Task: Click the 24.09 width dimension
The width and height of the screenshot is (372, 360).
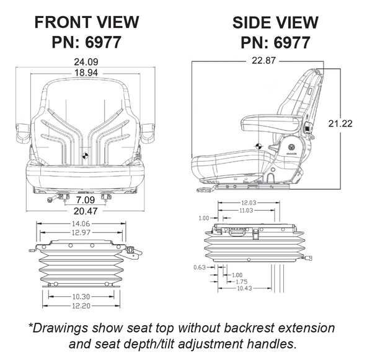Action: (x=86, y=61)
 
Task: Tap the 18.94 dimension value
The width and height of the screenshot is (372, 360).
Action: (x=86, y=72)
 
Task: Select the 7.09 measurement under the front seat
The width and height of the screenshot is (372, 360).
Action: (x=86, y=201)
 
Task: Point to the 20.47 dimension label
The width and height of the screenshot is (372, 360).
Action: (x=86, y=211)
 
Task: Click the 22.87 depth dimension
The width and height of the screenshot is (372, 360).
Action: (x=263, y=61)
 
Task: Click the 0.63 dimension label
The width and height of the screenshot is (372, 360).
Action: (x=199, y=268)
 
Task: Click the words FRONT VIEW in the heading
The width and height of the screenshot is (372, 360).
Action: (x=86, y=22)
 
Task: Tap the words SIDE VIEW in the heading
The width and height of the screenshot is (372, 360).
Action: (x=275, y=23)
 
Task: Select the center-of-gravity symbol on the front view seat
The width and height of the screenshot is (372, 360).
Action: (x=86, y=154)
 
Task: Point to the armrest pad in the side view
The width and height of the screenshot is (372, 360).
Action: (x=268, y=120)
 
